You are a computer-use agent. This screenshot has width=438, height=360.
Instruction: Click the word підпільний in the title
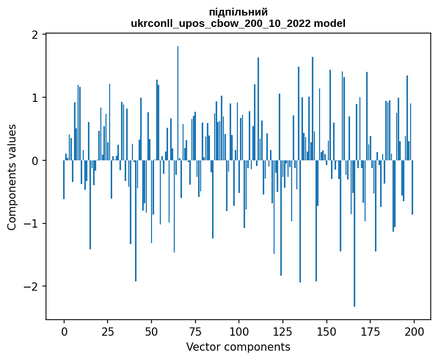click(x=238, y=12)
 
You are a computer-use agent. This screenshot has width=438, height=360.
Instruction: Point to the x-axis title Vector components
click(x=238, y=347)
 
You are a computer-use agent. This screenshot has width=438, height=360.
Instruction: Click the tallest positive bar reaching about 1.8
click(x=178, y=103)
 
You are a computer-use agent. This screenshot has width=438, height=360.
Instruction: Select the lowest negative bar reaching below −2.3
click(x=354, y=233)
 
